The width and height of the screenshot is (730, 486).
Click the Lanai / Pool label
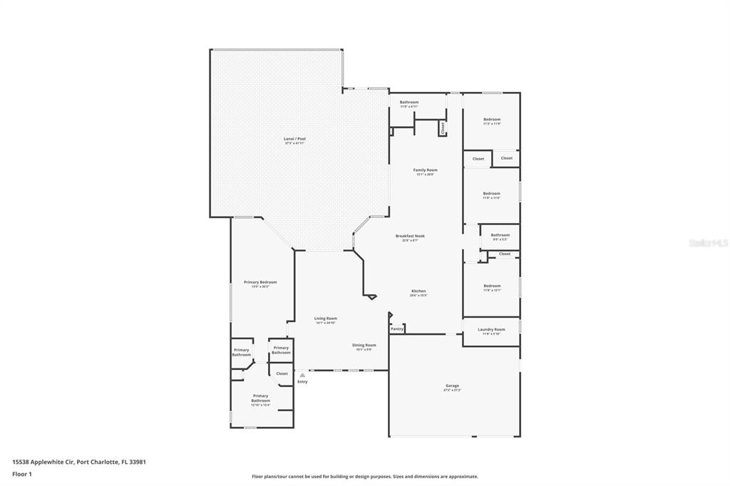pyautogui.click(x=294, y=139)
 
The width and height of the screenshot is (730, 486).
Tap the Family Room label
pyautogui.click(x=425, y=170)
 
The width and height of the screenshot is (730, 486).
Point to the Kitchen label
pyautogui.click(x=418, y=291)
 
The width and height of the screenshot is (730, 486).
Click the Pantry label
pyautogui.click(x=397, y=329)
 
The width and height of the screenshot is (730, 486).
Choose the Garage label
pyautogui.click(x=452, y=386)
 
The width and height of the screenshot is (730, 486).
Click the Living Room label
pyautogui.click(x=326, y=319)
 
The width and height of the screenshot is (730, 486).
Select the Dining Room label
pyautogui.click(x=364, y=346)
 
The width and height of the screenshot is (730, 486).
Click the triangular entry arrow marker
pyautogui.click(x=302, y=374)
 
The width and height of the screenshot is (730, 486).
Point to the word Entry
pyautogui.click(x=302, y=382)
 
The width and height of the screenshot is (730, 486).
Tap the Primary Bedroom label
pyautogui.click(x=260, y=282)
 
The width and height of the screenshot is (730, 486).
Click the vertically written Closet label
pyautogui.click(x=443, y=128)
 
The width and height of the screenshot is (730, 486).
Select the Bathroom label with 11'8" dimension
pyautogui.click(x=408, y=102)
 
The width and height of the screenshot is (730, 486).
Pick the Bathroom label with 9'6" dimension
pyautogui.click(x=500, y=235)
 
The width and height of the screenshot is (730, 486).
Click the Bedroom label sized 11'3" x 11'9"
pyautogui.click(x=492, y=120)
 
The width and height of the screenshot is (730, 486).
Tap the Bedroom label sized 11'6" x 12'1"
pyautogui.click(x=492, y=286)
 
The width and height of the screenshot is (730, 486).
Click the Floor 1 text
pyautogui.click(x=22, y=473)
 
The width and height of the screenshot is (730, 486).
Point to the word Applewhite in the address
pyautogui.click(x=55, y=462)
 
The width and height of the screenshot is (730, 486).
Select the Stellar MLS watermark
pyautogui.click(x=708, y=243)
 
